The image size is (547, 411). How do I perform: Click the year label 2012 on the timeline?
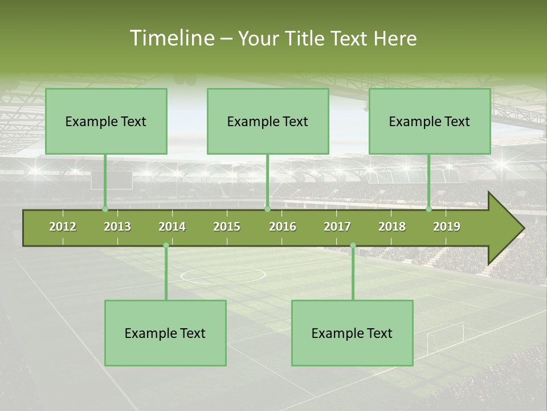pyautogui.click(x=63, y=227)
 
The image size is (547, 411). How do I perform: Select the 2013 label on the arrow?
pyautogui.click(x=117, y=227)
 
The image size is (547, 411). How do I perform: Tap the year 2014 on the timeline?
pyautogui.click(x=172, y=227)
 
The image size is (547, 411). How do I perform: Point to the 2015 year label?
pyautogui.click(x=227, y=227)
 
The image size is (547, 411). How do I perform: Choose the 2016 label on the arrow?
pyautogui.click(x=283, y=227)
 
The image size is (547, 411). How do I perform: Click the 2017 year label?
pyautogui.click(x=337, y=227)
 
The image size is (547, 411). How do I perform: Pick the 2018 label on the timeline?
pyautogui.click(x=392, y=227)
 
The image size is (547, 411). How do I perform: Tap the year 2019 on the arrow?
pyautogui.click(x=447, y=227)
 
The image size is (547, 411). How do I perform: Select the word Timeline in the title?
pyautogui.click(x=170, y=38)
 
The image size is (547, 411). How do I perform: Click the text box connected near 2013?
pyautogui.click(x=106, y=121)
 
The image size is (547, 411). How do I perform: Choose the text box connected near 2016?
pyautogui.click(x=268, y=121)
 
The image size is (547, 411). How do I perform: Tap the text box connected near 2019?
pyautogui.click(x=430, y=121)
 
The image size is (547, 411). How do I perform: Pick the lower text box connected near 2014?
pyautogui.click(x=165, y=333)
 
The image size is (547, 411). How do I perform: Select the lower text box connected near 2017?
pyautogui.click(x=352, y=333)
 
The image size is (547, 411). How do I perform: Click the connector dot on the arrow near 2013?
pyautogui.click(x=105, y=209)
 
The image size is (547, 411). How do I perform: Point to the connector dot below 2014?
pyautogui.click(x=166, y=245)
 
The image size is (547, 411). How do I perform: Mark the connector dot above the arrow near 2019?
pyautogui.click(x=428, y=209)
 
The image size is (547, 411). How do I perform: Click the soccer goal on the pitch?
pyautogui.click(x=446, y=337)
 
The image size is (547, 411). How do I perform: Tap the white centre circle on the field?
pyautogui.click(x=223, y=275)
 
